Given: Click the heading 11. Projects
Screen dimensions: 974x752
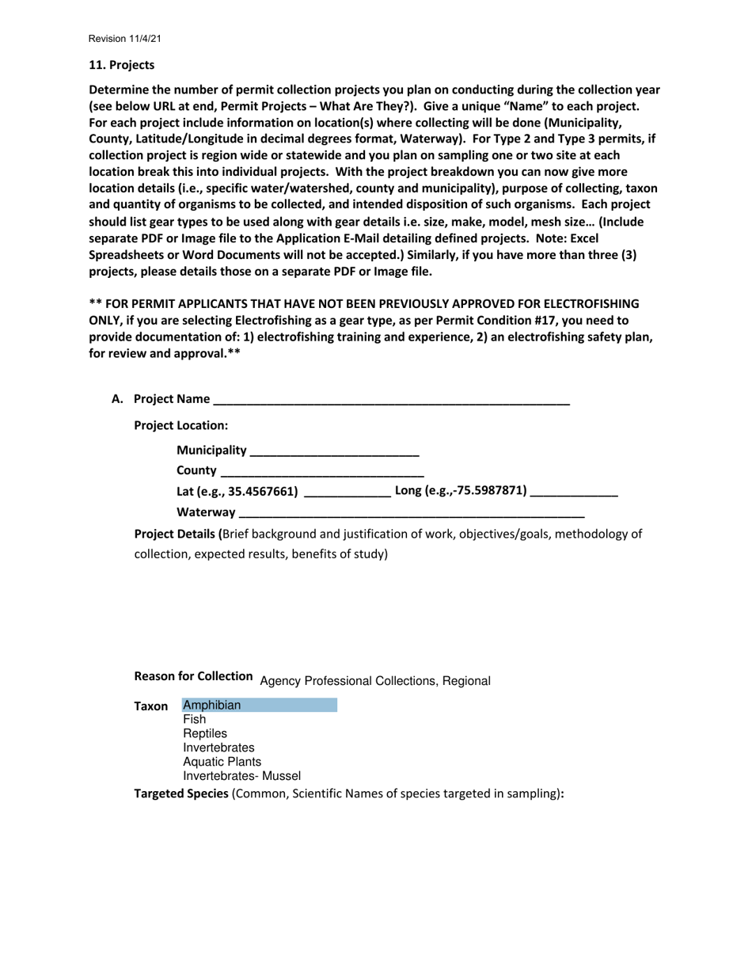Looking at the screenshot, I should pyautogui.click(x=121, y=65).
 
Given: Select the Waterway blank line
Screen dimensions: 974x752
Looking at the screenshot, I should pyautogui.click(x=411, y=512).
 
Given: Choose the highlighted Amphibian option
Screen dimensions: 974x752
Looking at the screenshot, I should pyautogui.click(x=212, y=705).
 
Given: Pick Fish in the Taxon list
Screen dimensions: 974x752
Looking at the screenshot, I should pyautogui.click(x=195, y=719).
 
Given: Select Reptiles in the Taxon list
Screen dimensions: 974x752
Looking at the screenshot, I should pyautogui.click(x=205, y=733).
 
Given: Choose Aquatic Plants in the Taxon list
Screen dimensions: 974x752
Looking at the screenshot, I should pyautogui.click(x=222, y=762).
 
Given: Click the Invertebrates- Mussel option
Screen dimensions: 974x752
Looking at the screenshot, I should pyautogui.click(x=241, y=776).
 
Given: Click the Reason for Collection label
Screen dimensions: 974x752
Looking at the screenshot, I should pyautogui.click(x=194, y=676).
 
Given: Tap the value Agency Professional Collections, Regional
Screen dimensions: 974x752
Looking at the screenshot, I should pyautogui.click(x=374, y=681).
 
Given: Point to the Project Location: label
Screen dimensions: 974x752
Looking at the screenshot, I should pyautogui.click(x=181, y=425).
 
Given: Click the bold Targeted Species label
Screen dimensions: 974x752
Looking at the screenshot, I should pyautogui.click(x=181, y=793).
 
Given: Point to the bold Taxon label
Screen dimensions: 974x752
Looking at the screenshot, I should pyautogui.click(x=151, y=706).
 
